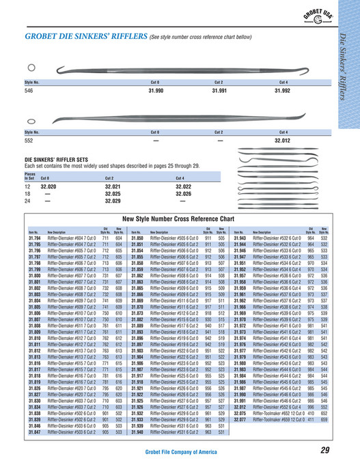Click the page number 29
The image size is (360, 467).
pos(324,449)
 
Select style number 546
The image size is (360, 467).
pos(28,89)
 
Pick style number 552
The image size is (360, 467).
pos(28,139)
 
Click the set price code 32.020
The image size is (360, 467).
pos(49,186)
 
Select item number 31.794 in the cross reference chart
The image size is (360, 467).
pos(34,236)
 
